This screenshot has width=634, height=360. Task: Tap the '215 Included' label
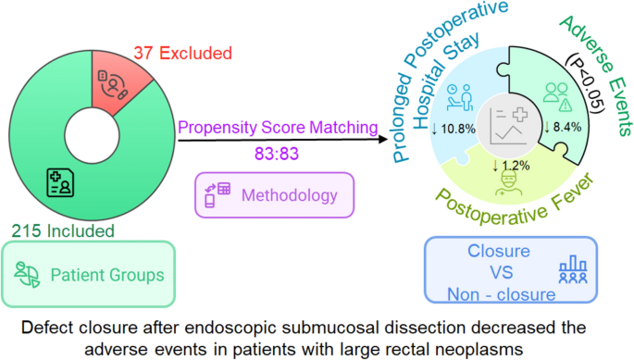point(65,230)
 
